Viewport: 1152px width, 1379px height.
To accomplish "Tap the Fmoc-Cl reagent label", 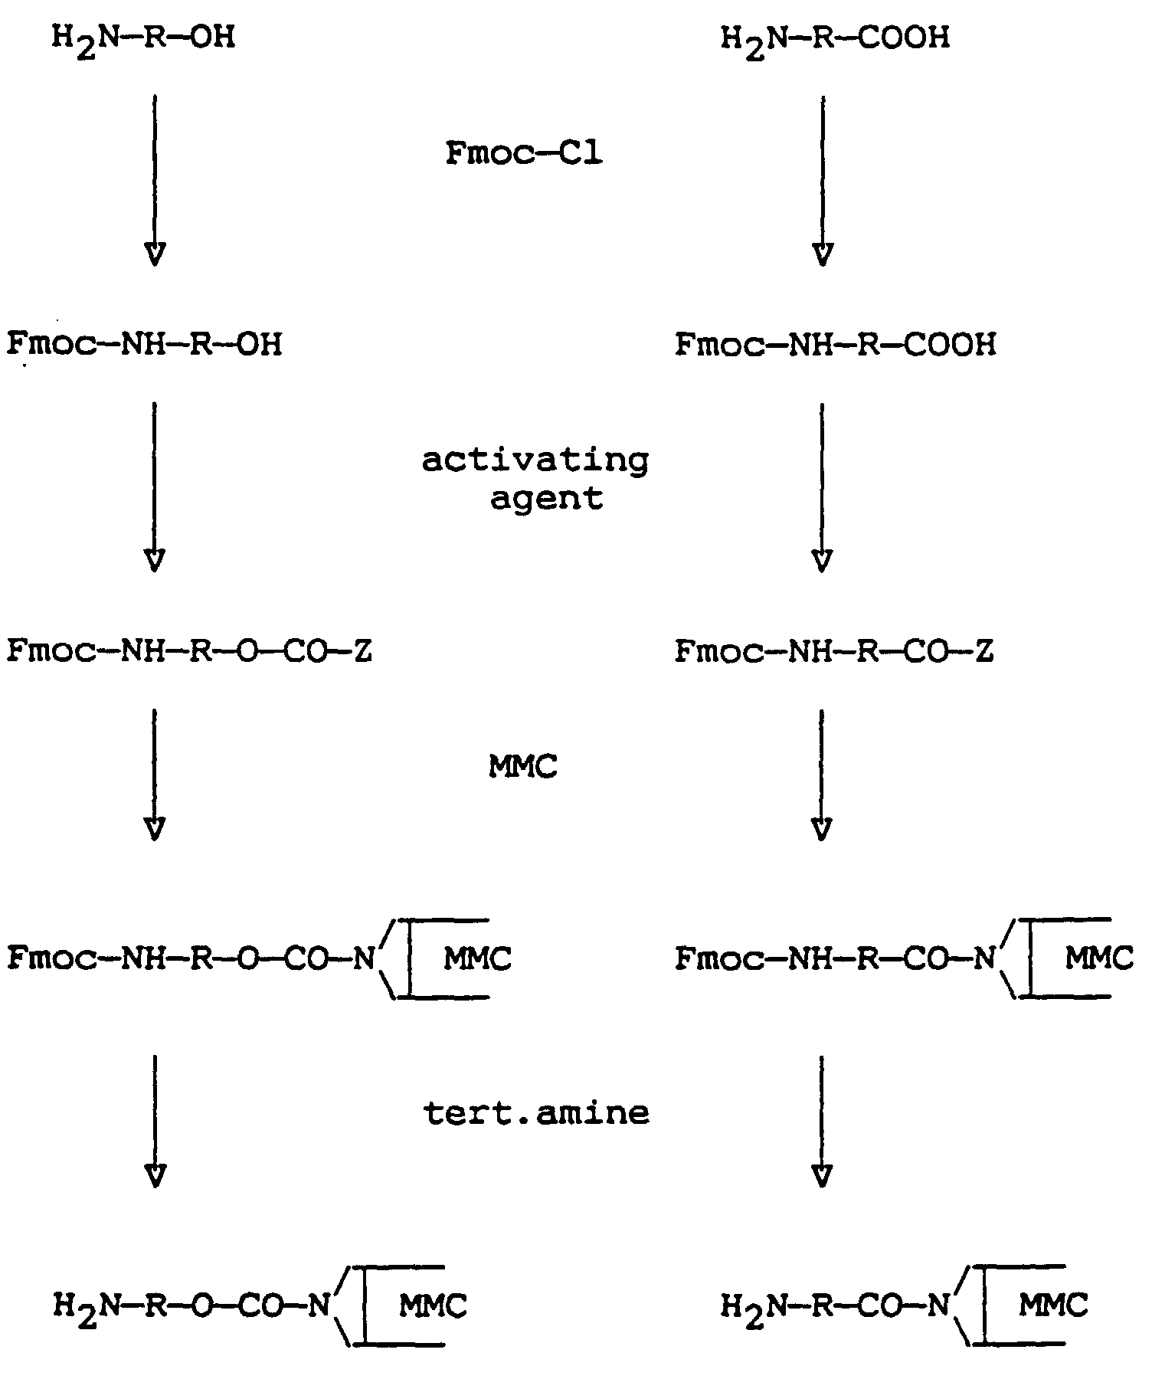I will coord(524,153).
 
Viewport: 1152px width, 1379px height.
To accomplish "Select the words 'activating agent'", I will coord(535,479).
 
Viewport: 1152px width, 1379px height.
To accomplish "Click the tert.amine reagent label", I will coord(536,1112).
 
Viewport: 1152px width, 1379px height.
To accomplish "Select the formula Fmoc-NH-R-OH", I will coord(145,344).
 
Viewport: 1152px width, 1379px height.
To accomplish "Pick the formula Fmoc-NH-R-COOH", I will coord(836,345).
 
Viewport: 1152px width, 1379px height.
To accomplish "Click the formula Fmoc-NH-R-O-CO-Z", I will coord(190,651).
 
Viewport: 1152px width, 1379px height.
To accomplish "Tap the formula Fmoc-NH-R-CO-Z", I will coord(834,652).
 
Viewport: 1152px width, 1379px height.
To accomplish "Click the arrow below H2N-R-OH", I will coord(155,180).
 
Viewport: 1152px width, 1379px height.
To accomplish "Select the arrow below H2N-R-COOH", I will coord(823,180).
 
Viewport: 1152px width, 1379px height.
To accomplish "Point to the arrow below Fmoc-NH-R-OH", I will coord(155,486).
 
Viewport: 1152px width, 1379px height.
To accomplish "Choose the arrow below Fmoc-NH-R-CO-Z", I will coord(822,774).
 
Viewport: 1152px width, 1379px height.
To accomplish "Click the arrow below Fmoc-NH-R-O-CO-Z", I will coord(155,774).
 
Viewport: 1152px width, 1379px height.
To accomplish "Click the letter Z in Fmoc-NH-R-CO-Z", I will coord(984,652).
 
